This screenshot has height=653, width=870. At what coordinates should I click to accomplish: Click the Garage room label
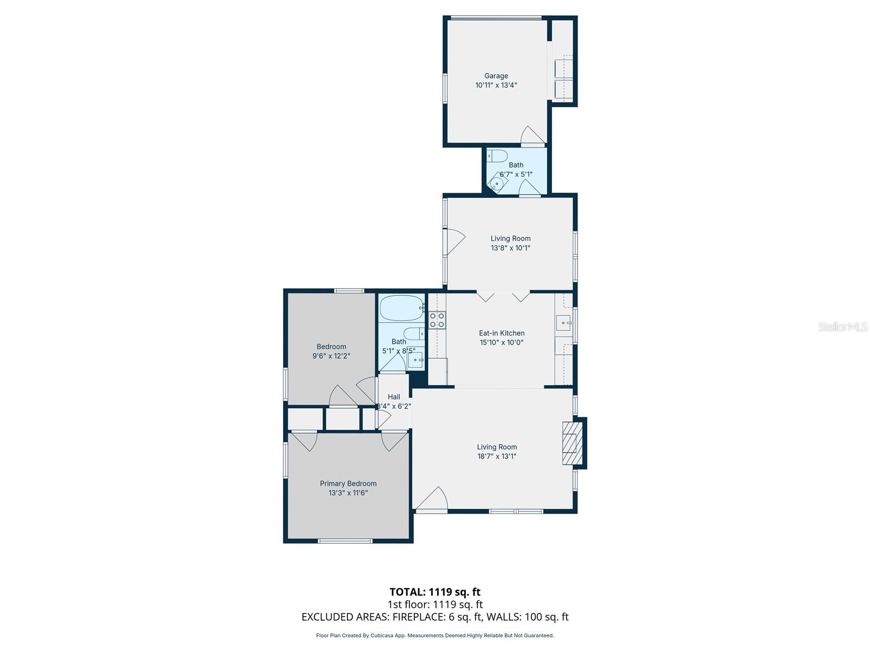496,76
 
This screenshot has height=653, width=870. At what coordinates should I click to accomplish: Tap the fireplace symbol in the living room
570,443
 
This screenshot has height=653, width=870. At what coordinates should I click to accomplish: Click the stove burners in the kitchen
437,320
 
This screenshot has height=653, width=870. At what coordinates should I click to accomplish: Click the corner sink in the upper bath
497,183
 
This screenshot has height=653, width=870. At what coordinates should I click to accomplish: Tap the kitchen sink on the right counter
563,323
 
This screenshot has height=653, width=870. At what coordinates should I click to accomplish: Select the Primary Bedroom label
348,483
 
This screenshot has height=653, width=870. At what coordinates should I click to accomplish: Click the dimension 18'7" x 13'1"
496,457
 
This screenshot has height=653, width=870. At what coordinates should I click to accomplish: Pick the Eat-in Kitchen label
501,333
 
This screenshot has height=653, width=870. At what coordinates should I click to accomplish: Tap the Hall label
394,397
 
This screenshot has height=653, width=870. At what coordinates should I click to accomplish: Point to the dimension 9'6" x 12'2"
331,356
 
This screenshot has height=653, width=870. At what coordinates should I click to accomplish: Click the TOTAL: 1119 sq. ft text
435,592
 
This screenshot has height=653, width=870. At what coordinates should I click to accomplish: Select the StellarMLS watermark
843,326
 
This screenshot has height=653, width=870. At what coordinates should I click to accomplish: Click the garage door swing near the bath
532,136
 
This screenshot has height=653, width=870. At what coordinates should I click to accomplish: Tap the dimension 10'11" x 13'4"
496,85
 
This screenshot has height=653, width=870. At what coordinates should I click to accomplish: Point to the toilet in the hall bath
413,334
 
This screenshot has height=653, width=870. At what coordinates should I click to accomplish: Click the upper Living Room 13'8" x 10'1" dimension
510,248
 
